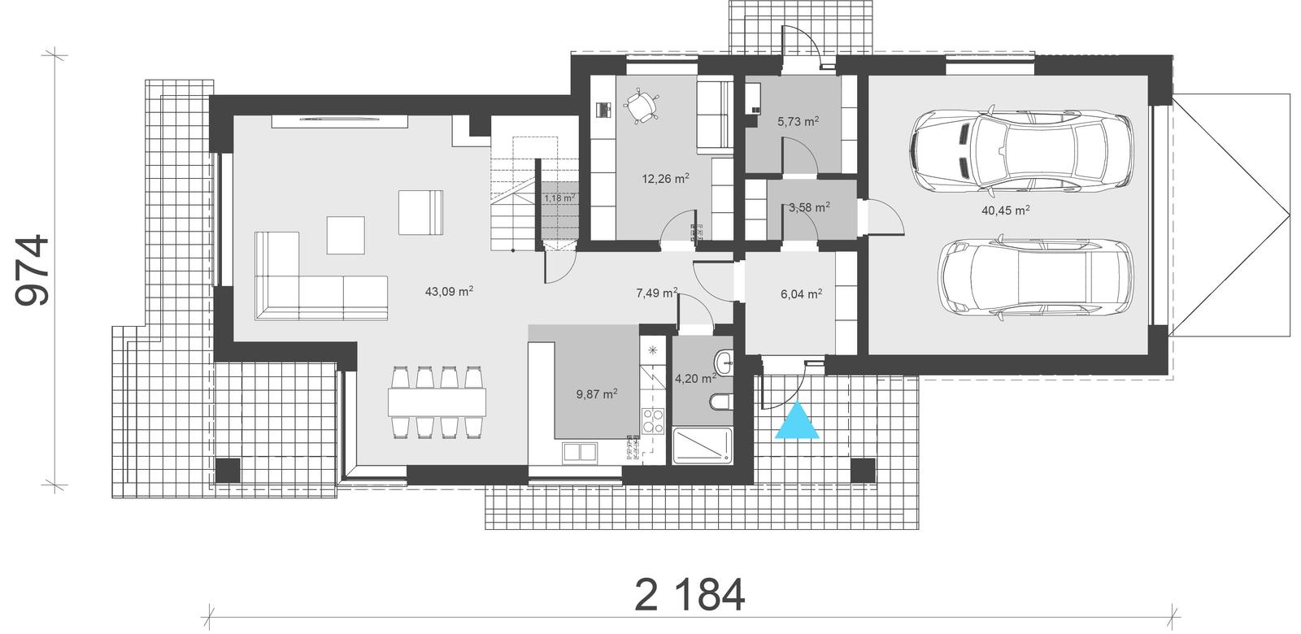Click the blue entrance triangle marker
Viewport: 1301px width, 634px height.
click(x=796, y=421)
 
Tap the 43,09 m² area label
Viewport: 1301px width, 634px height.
click(x=450, y=290)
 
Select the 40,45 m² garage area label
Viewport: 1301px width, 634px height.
click(x=1006, y=210)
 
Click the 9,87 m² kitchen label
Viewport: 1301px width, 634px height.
click(x=597, y=393)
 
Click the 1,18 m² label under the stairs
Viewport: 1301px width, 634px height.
click(x=559, y=198)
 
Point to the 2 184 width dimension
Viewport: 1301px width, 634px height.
click(x=689, y=596)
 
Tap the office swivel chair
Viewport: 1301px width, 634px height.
click(x=642, y=106)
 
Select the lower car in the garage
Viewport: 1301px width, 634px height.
click(x=1036, y=276)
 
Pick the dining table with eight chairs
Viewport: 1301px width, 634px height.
click(x=437, y=401)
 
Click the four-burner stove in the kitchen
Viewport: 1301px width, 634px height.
click(x=654, y=420)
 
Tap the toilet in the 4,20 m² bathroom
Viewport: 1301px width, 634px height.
click(x=720, y=402)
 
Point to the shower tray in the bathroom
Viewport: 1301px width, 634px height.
click(x=703, y=446)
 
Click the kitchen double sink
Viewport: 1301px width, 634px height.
click(x=579, y=451)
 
